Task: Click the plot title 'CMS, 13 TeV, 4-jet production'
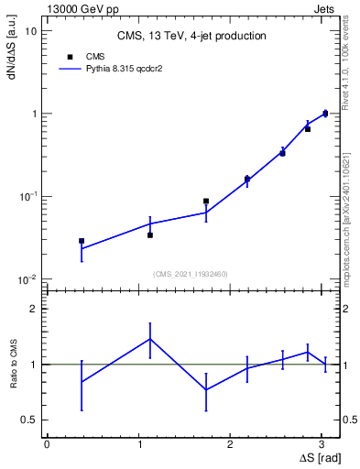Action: pos(191,37)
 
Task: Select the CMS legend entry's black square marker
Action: pos(69,55)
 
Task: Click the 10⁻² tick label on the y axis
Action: pos(27,279)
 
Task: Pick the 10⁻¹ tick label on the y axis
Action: pos(27,197)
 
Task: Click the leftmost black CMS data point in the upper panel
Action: pos(82,241)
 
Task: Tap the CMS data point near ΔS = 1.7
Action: pos(206,201)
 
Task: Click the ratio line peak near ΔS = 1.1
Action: pos(150,339)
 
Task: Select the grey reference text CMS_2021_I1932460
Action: pos(191,274)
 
